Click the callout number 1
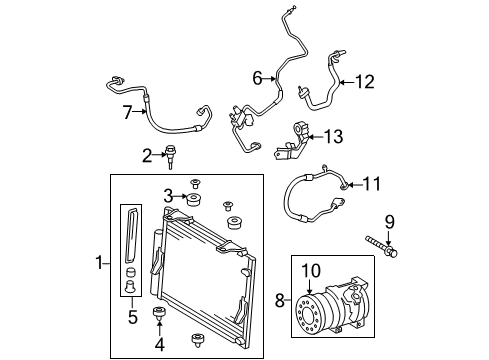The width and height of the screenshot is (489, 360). (x=99, y=263)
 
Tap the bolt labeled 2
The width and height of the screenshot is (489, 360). (x=171, y=156)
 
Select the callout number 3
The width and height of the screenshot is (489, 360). (x=169, y=196)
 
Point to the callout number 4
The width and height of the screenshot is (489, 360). (x=160, y=344)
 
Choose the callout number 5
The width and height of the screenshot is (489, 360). (x=133, y=317)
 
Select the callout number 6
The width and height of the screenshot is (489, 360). (x=257, y=78)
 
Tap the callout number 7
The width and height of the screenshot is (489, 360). (x=128, y=112)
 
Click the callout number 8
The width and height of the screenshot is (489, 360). (x=280, y=300)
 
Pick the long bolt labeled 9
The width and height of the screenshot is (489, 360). (x=381, y=248)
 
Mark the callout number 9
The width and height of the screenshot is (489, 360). (x=390, y=222)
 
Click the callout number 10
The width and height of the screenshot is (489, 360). (x=311, y=271)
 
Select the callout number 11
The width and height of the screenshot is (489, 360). (x=371, y=184)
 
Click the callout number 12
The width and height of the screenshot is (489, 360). (x=365, y=82)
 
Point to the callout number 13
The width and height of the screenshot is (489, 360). (x=333, y=136)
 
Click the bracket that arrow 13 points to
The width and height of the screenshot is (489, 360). (x=293, y=141)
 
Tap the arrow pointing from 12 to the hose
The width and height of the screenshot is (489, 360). (x=346, y=82)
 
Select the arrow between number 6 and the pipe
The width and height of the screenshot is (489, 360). (x=269, y=79)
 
